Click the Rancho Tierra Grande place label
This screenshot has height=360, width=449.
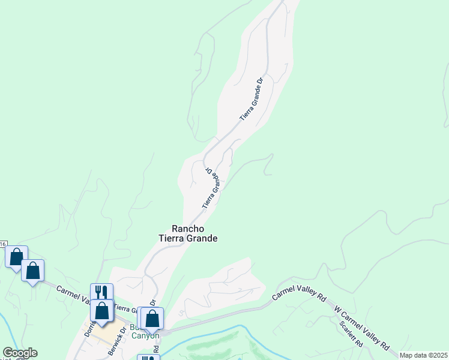(x=187, y=233)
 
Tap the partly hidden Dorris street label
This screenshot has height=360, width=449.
(x=89, y=328)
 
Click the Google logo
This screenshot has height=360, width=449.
(x=20, y=353)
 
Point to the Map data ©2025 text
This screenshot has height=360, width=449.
(x=424, y=355)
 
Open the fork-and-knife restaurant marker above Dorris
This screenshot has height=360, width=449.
(x=101, y=292)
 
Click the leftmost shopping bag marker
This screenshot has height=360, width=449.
(x=16, y=256)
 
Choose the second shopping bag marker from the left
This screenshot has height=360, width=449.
(x=32, y=271)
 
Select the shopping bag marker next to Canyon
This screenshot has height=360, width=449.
(x=152, y=318)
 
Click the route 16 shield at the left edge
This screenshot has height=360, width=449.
(x=3, y=244)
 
